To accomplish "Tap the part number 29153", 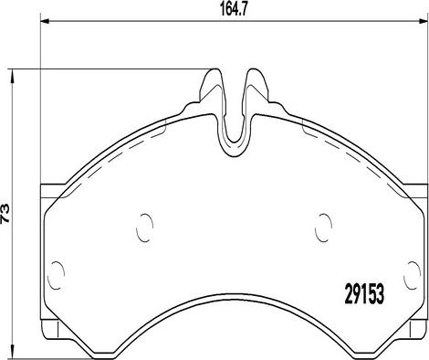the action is point(364,293).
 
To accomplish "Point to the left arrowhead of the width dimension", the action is point(45,21).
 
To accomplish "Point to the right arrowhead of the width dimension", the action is point(424,21).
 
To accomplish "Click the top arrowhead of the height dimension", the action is point(12,75).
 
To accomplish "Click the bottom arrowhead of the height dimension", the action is point(12,351).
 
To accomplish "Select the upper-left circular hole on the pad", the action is point(144,228).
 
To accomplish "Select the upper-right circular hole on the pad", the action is point(324,228).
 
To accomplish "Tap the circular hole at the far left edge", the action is point(56,275).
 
